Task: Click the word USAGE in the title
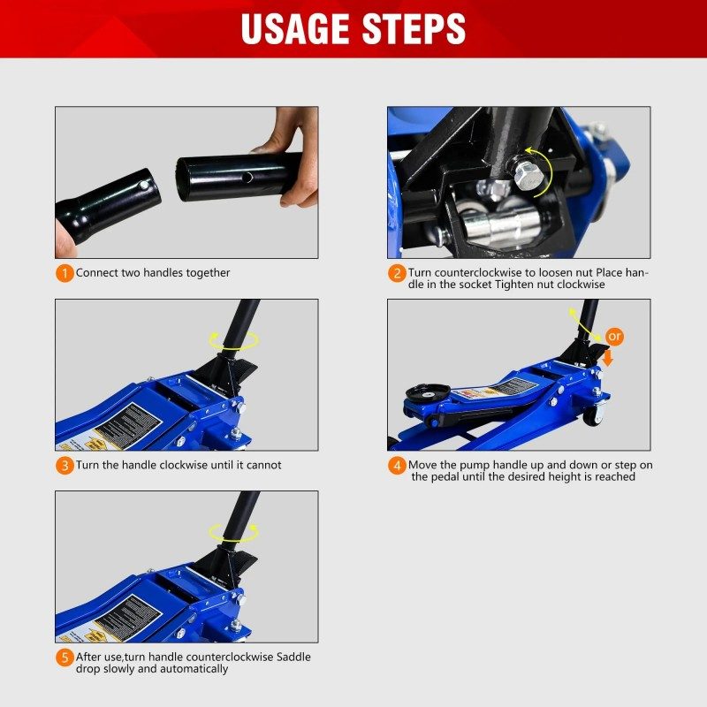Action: (x=295, y=29)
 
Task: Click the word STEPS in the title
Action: (x=414, y=29)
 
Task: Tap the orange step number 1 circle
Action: (x=65, y=273)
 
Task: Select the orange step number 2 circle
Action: (x=397, y=273)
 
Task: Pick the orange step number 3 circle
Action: (x=65, y=466)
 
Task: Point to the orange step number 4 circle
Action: (x=397, y=466)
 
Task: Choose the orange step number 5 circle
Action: (x=65, y=658)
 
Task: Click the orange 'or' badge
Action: (x=614, y=337)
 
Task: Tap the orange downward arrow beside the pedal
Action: (x=608, y=358)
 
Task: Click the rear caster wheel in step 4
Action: (x=593, y=415)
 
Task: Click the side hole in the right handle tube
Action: (x=247, y=178)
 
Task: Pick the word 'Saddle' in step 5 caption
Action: (x=293, y=657)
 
